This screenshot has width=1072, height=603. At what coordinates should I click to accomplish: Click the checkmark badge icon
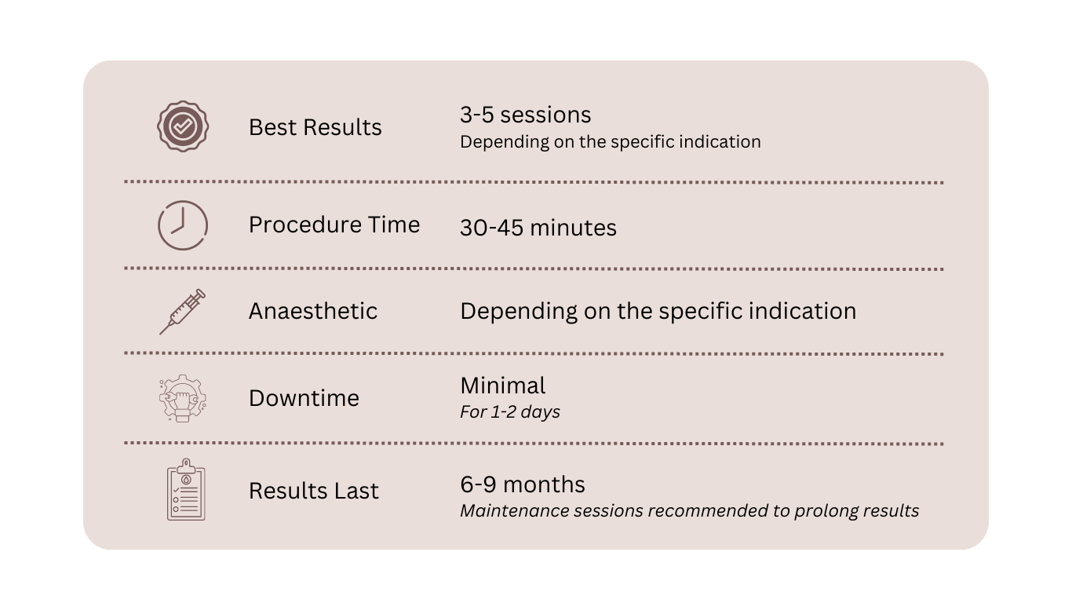pos(182,126)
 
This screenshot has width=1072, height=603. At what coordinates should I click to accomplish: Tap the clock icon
pos(183,225)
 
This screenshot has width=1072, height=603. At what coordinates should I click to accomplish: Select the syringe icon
pos(183,311)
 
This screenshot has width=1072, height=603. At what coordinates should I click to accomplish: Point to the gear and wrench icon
pos(183,398)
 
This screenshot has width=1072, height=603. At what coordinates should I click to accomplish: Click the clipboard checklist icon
pos(186,490)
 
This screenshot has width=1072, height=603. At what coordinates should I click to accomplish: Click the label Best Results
pos(315,127)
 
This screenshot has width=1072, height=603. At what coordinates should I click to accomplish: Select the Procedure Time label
pos(334,225)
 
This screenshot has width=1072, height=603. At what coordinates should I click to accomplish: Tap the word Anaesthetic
pos(312,311)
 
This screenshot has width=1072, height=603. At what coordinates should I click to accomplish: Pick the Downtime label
pos(304,398)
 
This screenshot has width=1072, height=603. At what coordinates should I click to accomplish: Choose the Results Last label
pos(313,491)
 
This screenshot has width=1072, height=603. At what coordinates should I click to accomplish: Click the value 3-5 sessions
pos(525,115)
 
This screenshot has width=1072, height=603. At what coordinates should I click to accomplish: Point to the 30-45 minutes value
pos(538,228)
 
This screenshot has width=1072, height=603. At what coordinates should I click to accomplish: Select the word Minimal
pos(502,386)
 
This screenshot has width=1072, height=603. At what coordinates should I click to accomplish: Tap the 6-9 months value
pos(522,484)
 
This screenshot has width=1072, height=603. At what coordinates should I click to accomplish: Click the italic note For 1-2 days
pos(509,411)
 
